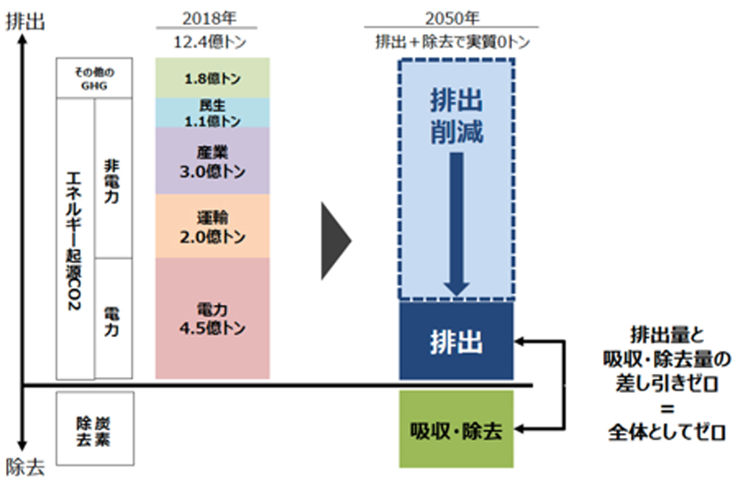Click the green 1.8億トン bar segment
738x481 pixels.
[213, 78]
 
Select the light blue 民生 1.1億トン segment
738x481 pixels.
[213, 112]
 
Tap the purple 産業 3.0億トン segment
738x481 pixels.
[213, 160]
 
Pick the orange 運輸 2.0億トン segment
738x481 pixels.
[213, 226]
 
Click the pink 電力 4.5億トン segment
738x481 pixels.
[213, 318]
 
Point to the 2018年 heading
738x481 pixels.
[209, 18]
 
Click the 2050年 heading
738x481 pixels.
[452, 18]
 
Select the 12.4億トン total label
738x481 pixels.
[210, 42]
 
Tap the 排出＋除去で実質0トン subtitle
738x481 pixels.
[452, 42]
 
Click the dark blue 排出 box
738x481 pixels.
[456, 341]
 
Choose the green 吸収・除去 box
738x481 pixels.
[456, 429]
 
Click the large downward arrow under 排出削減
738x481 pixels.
[456, 225]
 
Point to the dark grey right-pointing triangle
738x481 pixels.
[336, 241]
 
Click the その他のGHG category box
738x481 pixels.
[94, 78]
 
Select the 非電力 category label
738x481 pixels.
[111, 181]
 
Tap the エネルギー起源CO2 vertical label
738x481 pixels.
[74, 241]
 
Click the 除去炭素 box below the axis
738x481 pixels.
[94, 429]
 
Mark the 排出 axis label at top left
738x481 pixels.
[25, 21]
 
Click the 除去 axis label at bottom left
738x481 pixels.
[25, 468]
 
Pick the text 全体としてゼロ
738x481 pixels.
[666, 432]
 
